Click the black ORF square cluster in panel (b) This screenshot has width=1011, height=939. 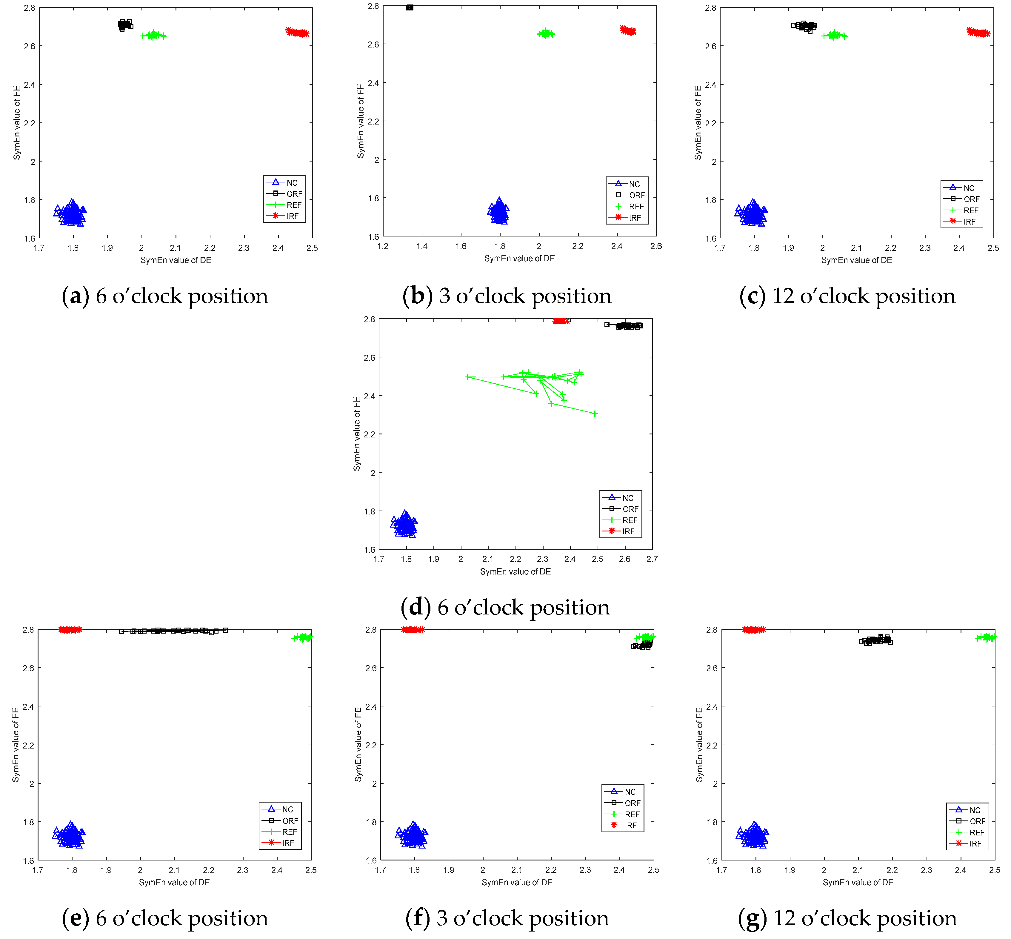click(x=410, y=8)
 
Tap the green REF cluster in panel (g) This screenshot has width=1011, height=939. click(x=986, y=637)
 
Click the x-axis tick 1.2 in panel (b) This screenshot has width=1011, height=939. click(x=383, y=246)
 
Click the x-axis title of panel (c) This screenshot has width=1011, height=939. click(x=857, y=260)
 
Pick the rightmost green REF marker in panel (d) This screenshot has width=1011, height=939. click(x=595, y=414)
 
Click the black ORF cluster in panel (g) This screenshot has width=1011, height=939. click(x=876, y=640)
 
